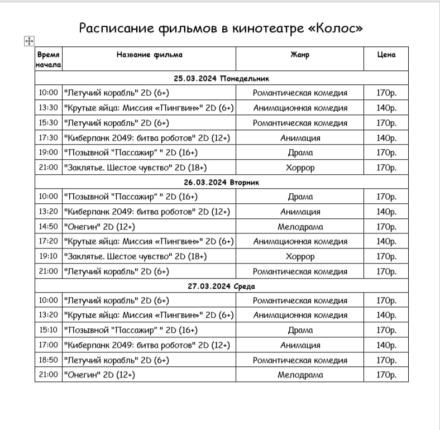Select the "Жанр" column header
click(300, 55)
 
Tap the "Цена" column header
click(386, 55)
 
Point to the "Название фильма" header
click(149, 55)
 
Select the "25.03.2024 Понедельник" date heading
click(222, 79)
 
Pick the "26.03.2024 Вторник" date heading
click(222, 183)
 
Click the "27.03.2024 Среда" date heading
click(222, 286)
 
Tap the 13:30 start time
click(49, 108)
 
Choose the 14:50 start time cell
click(49, 227)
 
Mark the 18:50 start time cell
click(49, 360)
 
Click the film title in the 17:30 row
click(147, 138)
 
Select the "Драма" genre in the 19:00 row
click(300, 152)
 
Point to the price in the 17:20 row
click(386, 242)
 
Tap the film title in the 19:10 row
click(136, 256)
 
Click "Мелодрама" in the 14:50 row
click(300, 227)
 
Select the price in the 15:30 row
click(386, 123)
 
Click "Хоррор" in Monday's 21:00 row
click(300, 168)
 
